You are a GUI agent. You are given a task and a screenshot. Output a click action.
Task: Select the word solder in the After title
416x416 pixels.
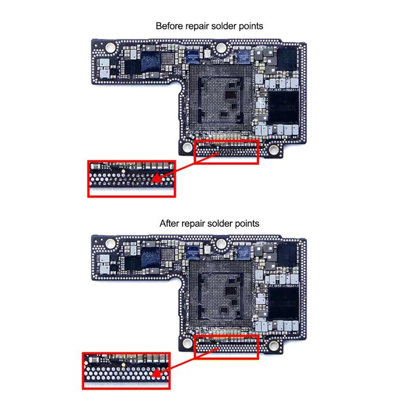219,224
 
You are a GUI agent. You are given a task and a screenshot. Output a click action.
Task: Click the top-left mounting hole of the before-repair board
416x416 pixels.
110,48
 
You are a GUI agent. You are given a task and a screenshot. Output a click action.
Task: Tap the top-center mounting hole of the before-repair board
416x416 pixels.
220,48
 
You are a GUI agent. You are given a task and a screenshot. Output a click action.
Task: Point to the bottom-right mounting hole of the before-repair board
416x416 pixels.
274,150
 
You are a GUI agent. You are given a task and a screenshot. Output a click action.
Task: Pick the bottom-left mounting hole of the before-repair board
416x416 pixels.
187,147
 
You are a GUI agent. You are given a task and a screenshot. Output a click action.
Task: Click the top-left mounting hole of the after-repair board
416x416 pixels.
110,243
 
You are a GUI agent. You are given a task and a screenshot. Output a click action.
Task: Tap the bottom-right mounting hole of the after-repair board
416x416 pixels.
274,345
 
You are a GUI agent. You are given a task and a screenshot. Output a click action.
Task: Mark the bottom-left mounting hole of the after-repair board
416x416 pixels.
187,343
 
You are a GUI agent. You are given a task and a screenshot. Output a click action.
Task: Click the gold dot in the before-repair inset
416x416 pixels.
123,172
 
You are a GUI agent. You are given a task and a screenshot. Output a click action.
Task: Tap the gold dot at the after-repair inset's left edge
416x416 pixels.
86,362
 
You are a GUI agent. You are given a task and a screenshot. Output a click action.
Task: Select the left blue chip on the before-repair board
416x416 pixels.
192,57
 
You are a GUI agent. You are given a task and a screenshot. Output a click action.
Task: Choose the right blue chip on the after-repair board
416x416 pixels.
244,252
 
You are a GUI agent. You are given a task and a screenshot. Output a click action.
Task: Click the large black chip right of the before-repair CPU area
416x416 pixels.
283,108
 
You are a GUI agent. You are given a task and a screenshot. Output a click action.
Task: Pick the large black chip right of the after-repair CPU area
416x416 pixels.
283,303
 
